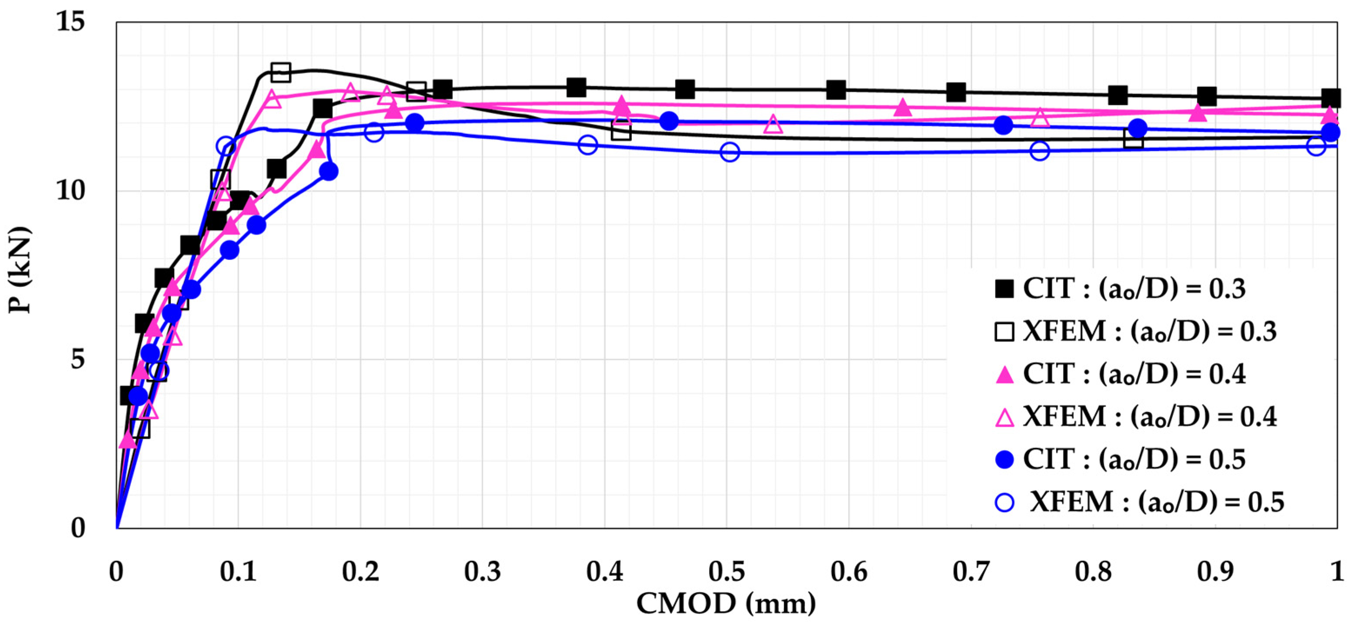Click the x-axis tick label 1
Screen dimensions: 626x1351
[1337, 572]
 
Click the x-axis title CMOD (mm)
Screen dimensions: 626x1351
[726, 603]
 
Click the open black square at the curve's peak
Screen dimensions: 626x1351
[281, 72]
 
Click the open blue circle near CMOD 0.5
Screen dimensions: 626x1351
[730, 152]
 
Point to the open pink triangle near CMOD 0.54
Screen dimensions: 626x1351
[773, 125]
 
